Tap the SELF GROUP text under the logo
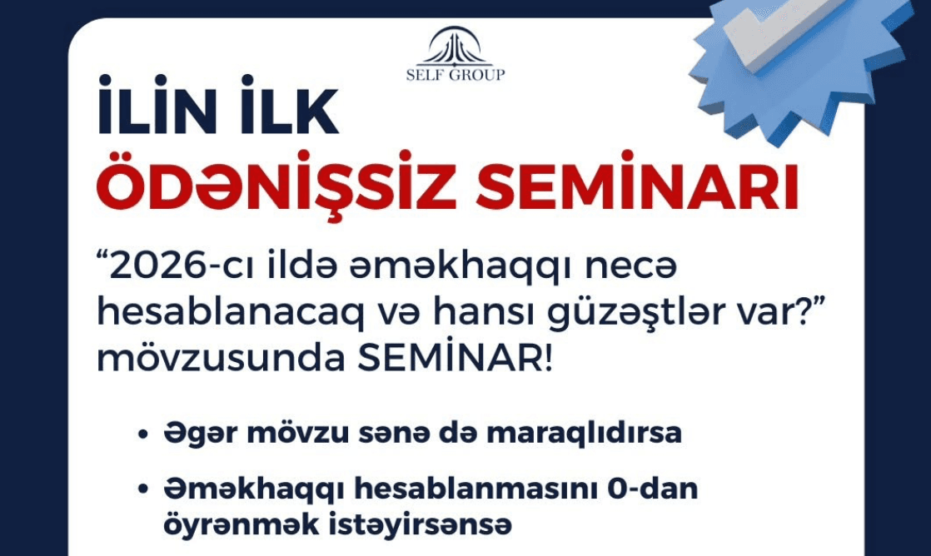tap(455, 75)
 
